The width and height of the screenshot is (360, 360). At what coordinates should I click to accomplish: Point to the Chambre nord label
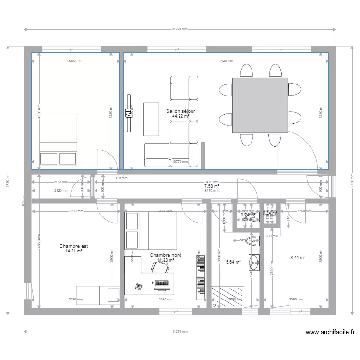click(x=161, y=255)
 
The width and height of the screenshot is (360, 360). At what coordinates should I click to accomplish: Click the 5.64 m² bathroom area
click(x=233, y=262)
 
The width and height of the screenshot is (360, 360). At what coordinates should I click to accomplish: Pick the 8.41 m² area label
click(x=298, y=258)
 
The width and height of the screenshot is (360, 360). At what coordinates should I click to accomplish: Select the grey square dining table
click(x=260, y=105)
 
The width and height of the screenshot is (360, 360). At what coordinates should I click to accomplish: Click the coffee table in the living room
click(x=152, y=119)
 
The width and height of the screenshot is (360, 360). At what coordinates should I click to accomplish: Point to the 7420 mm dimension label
click(x=226, y=61)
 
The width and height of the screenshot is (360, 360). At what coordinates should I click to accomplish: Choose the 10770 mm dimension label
click(x=181, y=162)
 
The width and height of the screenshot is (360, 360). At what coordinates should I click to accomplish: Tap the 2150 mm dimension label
click(x=61, y=182)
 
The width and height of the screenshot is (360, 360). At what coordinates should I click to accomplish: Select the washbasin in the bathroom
click(x=253, y=262)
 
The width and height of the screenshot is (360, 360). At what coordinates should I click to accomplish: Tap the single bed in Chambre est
click(x=97, y=294)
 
